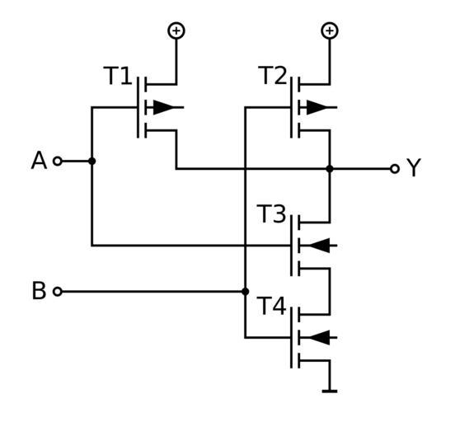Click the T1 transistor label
(118, 76)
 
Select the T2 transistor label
(272, 75)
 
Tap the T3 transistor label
(271, 214)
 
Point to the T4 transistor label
(272, 306)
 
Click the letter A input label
(39, 161)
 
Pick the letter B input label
(39, 291)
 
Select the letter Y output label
(414, 167)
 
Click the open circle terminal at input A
(58, 161)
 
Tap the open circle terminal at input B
(58, 292)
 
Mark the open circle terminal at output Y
(395, 169)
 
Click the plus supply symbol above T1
(176, 30)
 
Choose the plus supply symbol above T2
(330, 30)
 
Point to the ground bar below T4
(330, 392)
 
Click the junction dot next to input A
(92, 161)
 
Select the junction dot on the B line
(246, 292)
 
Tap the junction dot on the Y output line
(330, 169)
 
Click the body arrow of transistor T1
(164, 107)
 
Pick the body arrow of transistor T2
(317, 107)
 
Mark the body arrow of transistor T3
(319, 246)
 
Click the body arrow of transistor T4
(319, 338)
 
